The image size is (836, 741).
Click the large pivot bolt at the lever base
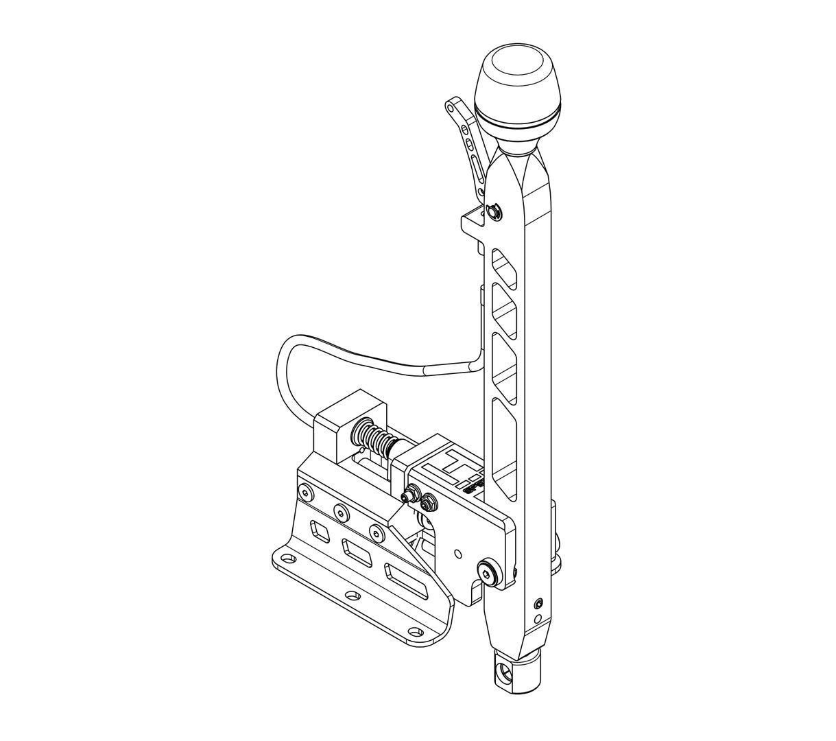(488, 572)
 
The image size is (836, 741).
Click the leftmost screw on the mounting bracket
(303, 491)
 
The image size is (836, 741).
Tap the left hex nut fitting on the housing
(412, 493)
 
